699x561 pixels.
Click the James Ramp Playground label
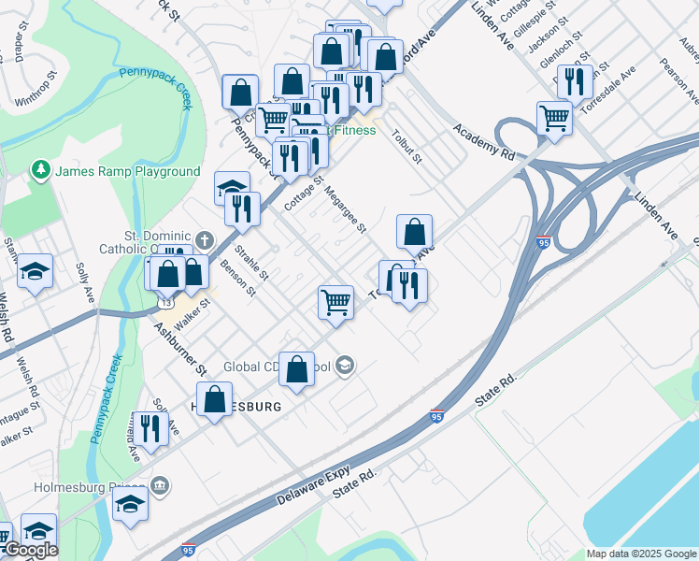click(x=127, y=171)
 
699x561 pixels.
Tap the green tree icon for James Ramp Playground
click(x=40, y=170)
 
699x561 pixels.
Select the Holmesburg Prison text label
click(x=90, y=487)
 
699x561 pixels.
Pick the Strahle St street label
click(x=251, y=263)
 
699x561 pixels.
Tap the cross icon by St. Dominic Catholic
click(x=207, y=240)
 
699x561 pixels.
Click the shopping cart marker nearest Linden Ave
click(x=554, y=118)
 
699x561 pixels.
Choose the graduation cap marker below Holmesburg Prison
click(x=130, y=504)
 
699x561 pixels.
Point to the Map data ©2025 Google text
click(x=640, y=554)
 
